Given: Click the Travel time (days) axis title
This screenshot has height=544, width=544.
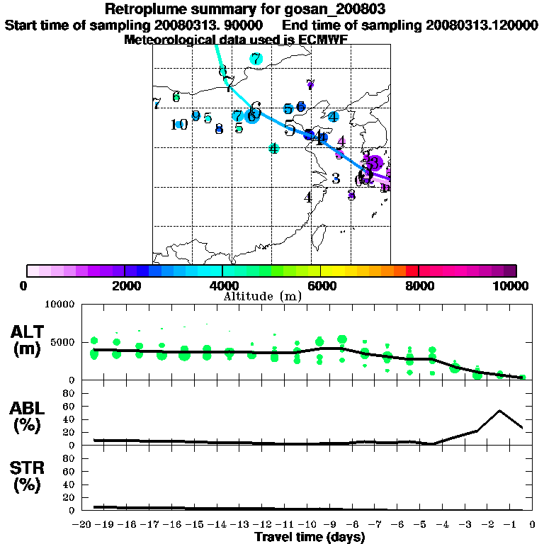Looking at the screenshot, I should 310,537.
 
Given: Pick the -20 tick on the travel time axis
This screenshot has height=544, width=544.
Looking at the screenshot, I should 83,524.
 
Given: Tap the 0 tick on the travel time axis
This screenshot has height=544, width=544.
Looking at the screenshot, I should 533,524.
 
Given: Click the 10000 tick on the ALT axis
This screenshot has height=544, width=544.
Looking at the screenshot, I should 59,305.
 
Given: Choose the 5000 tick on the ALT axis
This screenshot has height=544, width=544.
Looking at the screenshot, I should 62,342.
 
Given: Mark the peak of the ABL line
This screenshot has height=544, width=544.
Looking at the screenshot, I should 499,410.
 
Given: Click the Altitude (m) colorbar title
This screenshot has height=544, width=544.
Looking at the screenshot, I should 263,296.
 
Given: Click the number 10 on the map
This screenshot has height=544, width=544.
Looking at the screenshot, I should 178,125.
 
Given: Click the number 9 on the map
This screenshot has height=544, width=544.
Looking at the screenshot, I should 195,116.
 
